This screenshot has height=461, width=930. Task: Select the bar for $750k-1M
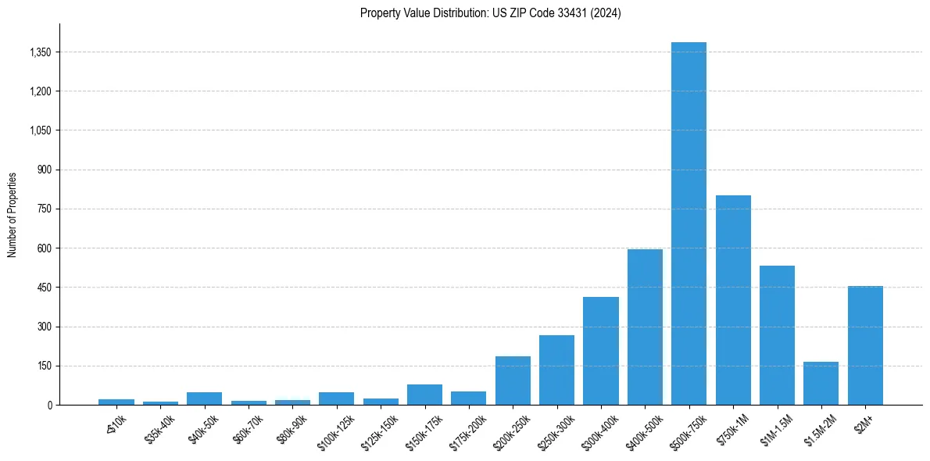[x=733, y=300]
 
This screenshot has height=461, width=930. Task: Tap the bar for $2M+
[x=865, y=345]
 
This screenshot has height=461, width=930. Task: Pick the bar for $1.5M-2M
[x=821, y=384]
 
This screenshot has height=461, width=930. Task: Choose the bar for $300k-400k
[x=601, y=351]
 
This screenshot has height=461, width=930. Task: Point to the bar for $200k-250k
[x=513, y=381]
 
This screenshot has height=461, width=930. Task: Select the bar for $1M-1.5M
[x=777, y=335]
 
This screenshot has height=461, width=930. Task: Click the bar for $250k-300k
[x=556, y=370]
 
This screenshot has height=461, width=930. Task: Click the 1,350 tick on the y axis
[x=40, y=52]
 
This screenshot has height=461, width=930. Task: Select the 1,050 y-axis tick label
[x=40, y=130]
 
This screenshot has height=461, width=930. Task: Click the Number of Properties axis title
[x=12, y=214]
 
